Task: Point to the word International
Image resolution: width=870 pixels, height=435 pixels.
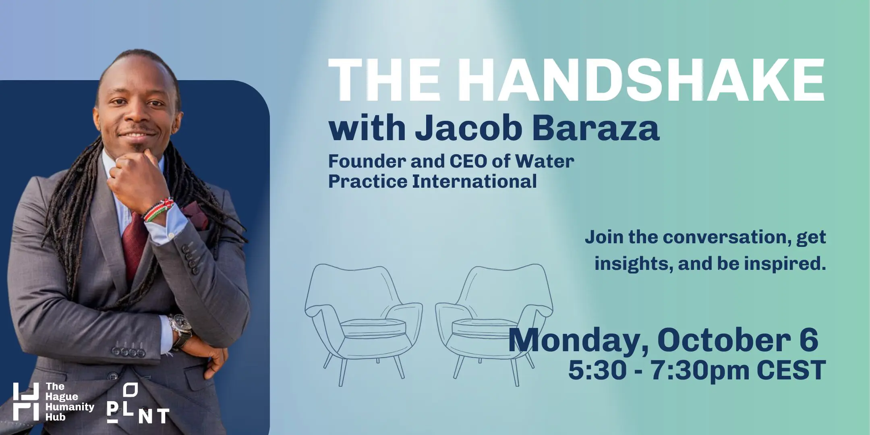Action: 474,181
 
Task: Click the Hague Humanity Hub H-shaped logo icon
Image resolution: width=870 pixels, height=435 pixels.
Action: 26,402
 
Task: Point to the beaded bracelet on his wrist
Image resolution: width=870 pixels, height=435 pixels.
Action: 158,209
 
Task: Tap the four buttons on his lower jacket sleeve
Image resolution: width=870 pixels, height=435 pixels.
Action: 128,352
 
